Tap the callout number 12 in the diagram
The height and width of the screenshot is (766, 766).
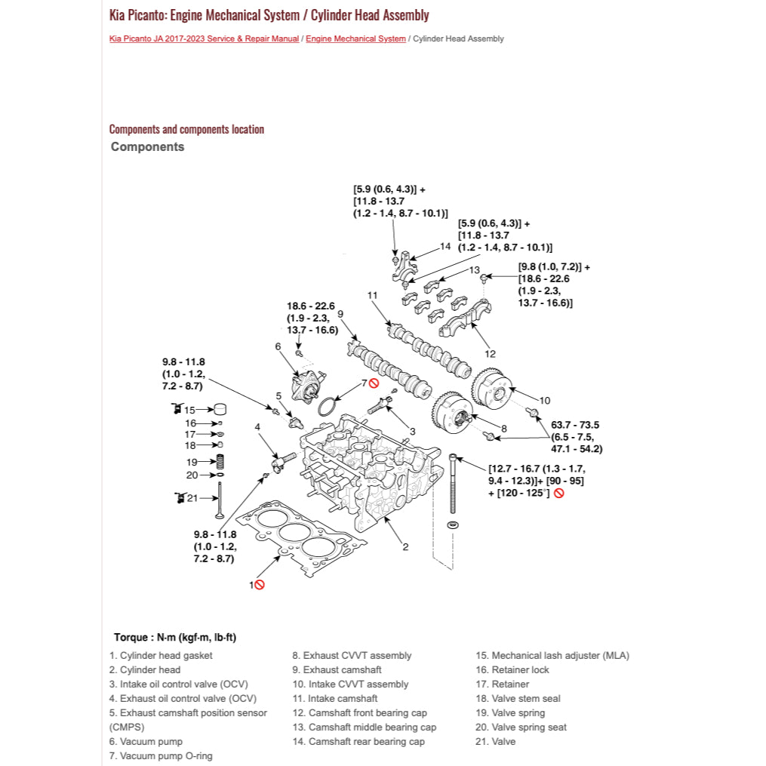click(490, 353)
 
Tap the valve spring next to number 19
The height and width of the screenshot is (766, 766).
click(220, 461)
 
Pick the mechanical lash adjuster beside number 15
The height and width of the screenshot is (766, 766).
click(220, 410)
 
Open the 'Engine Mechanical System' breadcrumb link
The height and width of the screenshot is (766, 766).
click(355, 38)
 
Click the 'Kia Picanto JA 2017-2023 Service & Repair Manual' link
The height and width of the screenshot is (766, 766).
click(204, 38)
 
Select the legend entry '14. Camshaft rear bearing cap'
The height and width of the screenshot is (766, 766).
click(358, 742)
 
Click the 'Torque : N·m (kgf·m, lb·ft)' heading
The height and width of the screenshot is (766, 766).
click(175, 638)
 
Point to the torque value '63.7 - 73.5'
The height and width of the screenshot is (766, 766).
click(575, 425)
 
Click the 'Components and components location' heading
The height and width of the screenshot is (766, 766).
click(186, 129)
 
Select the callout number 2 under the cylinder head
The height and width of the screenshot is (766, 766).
click(405, 546)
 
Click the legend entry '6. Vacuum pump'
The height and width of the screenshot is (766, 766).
click(146, 742)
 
